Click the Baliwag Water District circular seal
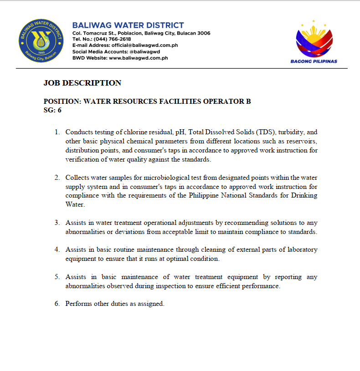click(x=41, y=41)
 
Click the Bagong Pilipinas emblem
click(x=314, y=39)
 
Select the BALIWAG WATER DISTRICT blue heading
click(x=128, y=25)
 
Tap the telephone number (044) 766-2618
click(x=113, y=39)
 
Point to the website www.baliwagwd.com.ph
click(x=139, y=58)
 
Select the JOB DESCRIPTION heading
click(x=82, y=83)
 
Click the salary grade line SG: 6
click(x=52, y=110)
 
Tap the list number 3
click(x=57, y=223)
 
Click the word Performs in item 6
click(x=78, y=304)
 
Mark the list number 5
click(x=57, y=277)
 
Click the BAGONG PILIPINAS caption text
click(x=314, y=61)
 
